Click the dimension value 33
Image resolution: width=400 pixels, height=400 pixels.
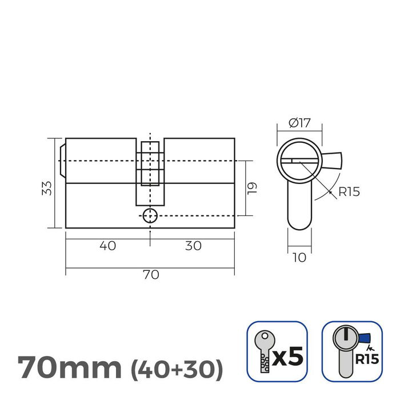48,188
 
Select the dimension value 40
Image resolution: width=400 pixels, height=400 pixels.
107,246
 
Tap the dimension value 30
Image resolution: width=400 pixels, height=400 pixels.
193,246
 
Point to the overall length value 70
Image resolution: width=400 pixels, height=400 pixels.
150,274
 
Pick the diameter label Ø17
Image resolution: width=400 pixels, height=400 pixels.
299,122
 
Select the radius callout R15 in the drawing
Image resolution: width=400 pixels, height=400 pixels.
349,191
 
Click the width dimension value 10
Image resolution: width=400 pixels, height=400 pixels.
299,257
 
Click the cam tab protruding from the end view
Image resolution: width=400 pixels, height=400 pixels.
333,161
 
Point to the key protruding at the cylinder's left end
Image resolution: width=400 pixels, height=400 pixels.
62,161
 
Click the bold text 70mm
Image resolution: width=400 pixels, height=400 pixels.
69,367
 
